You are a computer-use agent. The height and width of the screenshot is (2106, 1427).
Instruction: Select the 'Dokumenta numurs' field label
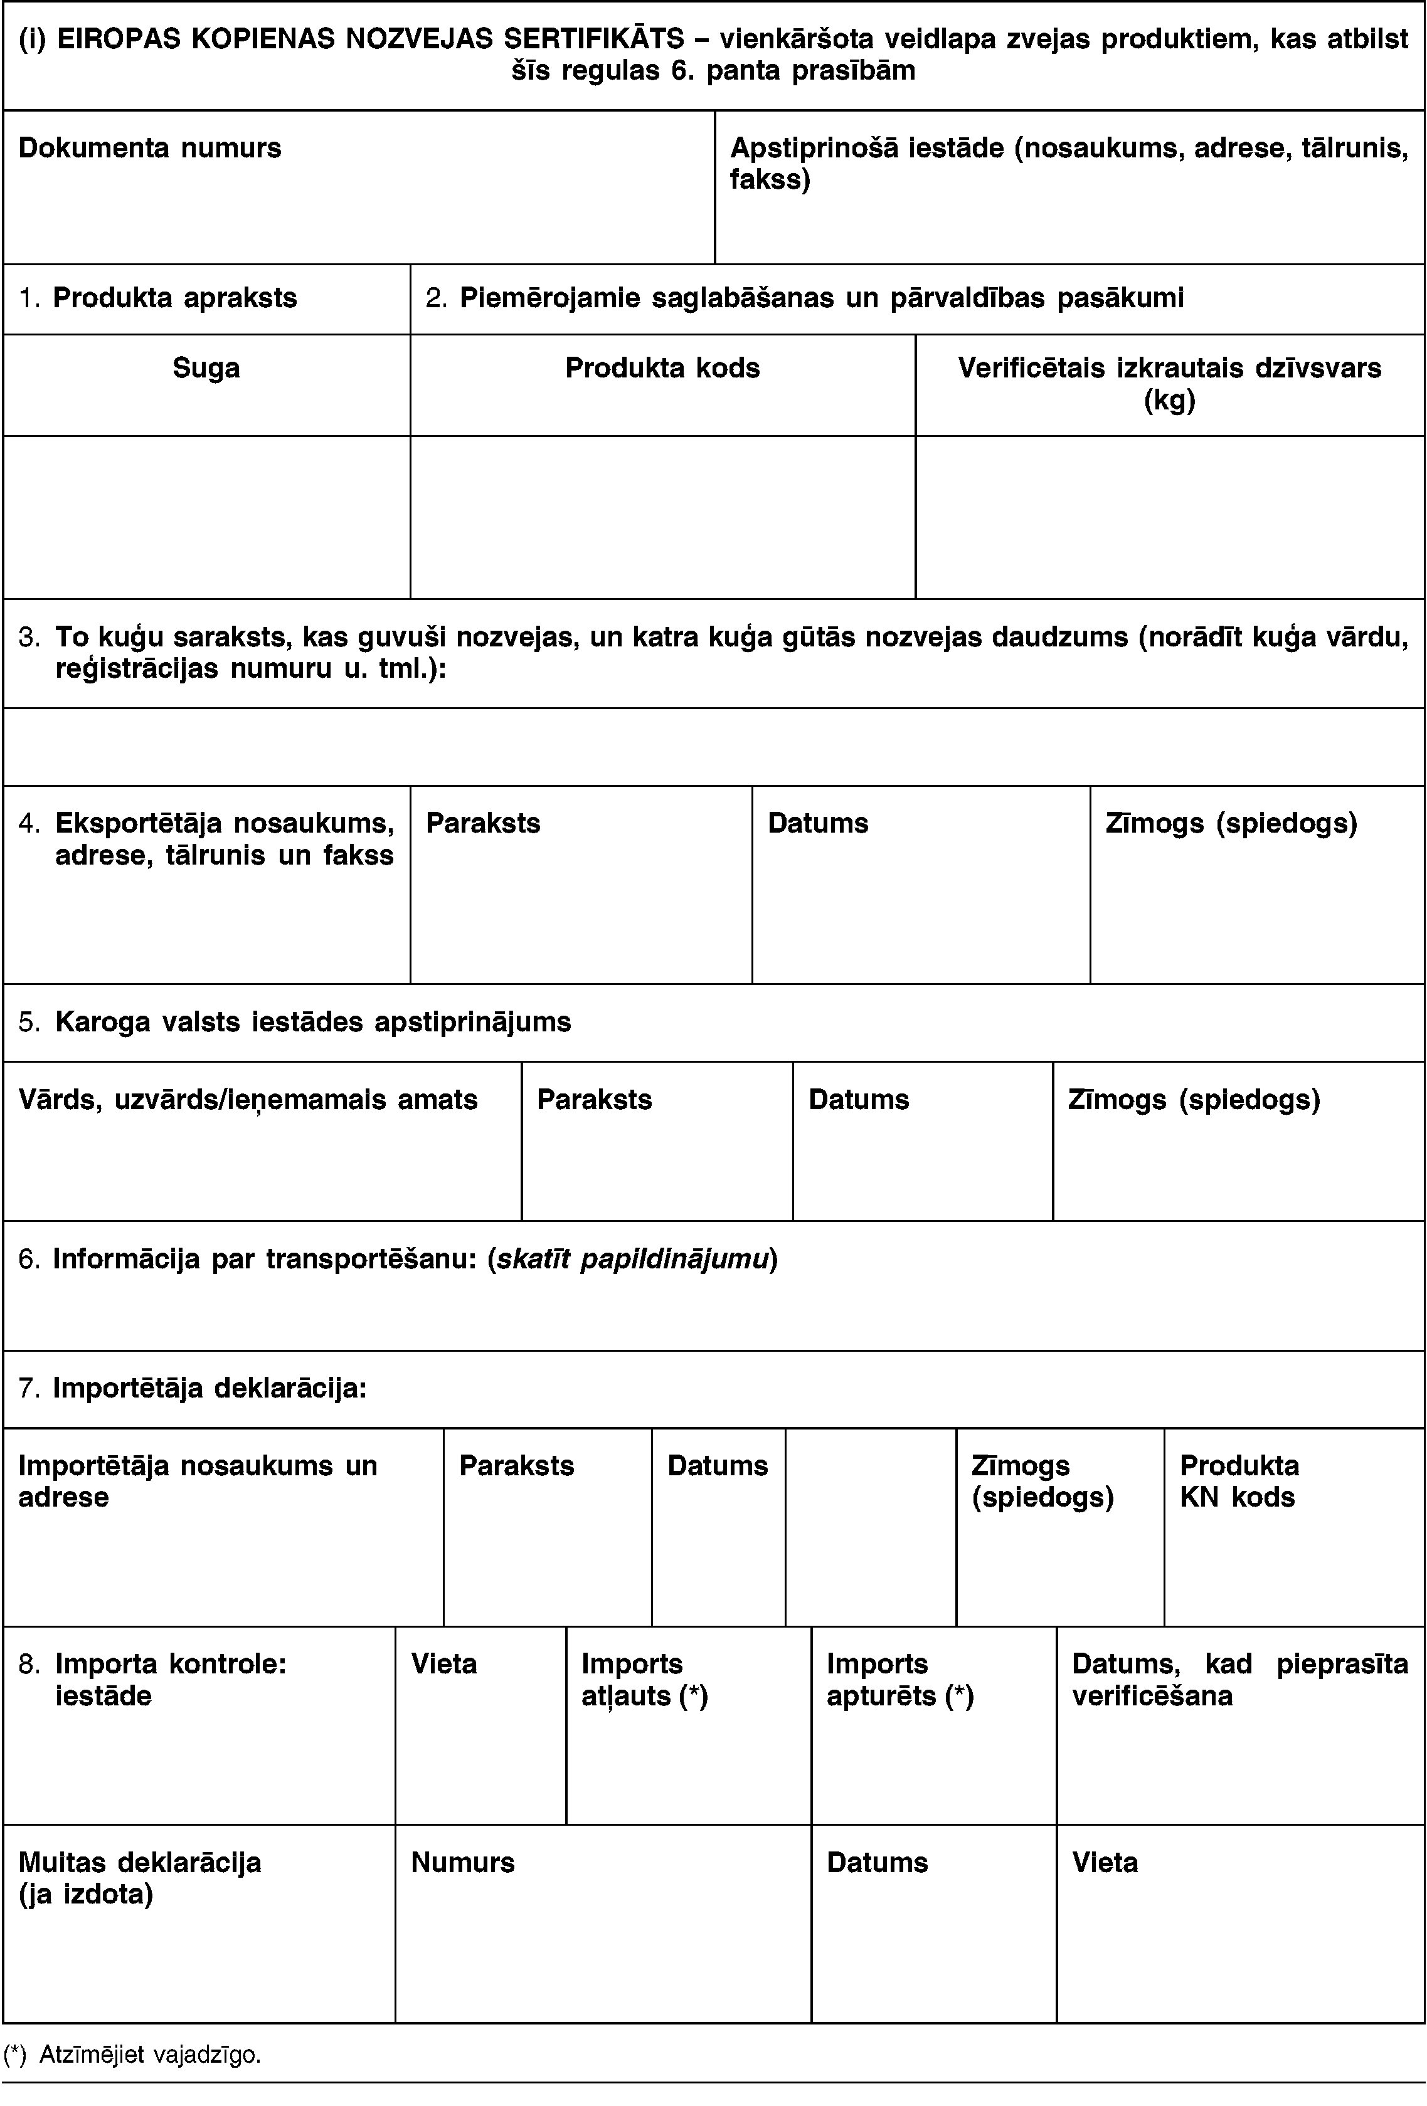pos(149,148)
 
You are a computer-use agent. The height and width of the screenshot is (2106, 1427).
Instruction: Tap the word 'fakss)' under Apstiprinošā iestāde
pos(770,179)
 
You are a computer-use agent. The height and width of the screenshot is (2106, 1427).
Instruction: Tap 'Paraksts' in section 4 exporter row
pos(483,823)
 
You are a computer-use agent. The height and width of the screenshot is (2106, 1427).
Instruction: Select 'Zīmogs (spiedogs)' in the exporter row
pos(1231,823)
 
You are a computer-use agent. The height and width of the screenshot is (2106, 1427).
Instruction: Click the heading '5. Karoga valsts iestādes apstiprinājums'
pos(295,1022)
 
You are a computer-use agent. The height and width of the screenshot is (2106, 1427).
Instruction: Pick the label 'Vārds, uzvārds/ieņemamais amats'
pos(248,1099)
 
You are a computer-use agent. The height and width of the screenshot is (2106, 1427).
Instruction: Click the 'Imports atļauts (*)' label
pos(644,1679)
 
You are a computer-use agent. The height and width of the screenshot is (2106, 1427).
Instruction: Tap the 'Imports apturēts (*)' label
pos(899,1679)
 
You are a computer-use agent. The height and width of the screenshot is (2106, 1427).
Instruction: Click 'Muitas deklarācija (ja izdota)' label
pos(140,1878)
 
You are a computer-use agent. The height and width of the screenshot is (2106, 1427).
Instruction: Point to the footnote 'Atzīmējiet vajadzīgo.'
pos(149,2055)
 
